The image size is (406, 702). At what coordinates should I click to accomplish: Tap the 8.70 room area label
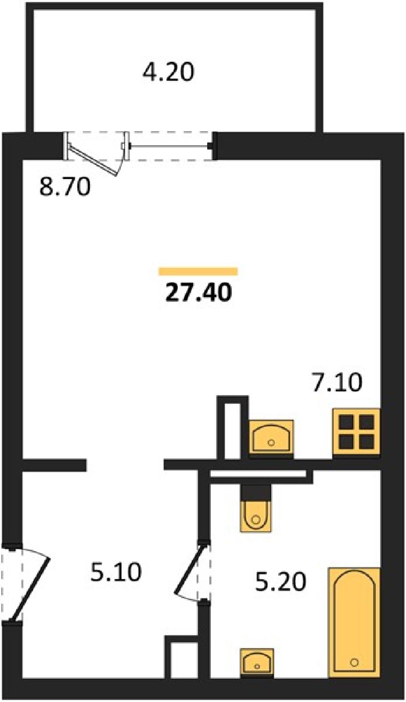(x=65, y=187)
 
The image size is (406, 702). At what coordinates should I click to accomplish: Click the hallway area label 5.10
(x=116, y=572)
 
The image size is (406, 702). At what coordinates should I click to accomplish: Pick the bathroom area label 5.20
(x=280, y=582)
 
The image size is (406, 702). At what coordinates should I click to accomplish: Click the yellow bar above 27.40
(x=198, y=271)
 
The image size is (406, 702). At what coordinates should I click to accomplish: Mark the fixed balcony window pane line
(x=169, y=146)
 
